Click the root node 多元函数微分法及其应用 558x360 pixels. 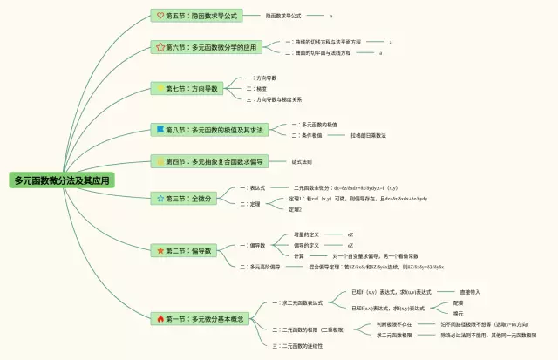click(x=62, y=180)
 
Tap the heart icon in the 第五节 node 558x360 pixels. click(x=160, y=16)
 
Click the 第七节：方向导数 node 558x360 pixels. click(x=187, y=88)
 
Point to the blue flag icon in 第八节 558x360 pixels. click(x=160, y=129)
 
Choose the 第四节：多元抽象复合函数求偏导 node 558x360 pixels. click(x=208, y=161)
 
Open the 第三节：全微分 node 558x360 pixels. click(x=182, y=199)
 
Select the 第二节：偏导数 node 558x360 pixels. click(x=184, y=251)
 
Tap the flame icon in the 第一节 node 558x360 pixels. click(x=160, y=319)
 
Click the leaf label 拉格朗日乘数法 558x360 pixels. click(x=369, y=135)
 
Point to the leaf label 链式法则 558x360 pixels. click(x=302, y=161)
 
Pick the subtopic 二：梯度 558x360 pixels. click(x=257, y=88)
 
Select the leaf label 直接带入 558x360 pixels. click(x=446, y=291)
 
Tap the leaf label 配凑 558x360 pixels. click(x=458, y=302)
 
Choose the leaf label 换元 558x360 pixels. click(x=458, y=314)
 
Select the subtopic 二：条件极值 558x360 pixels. click(x=307, y=135)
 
